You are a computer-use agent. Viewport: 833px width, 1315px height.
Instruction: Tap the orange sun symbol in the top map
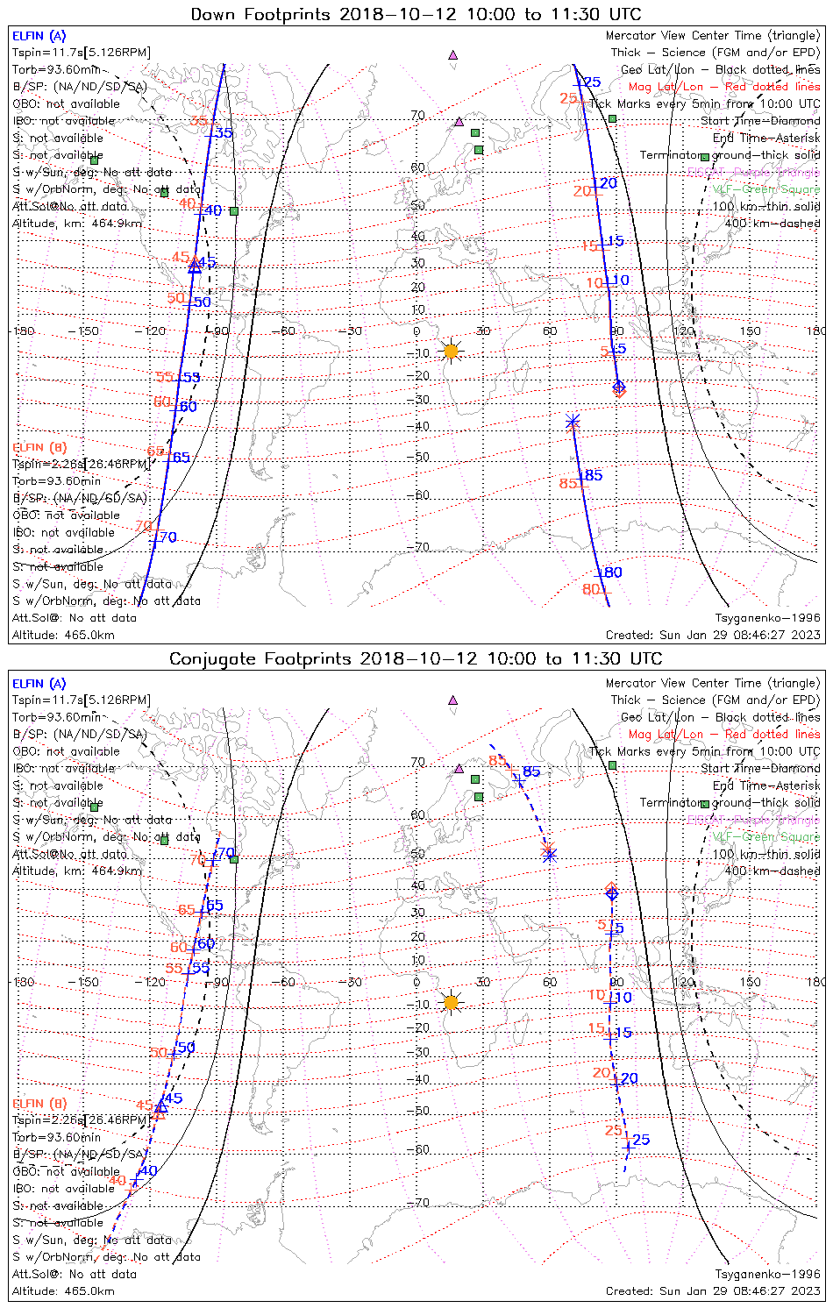coord(451,352)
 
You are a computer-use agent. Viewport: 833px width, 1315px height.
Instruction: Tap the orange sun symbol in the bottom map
coord(451,1002)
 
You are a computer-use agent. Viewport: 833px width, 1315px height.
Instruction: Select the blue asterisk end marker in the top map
coord(573,422)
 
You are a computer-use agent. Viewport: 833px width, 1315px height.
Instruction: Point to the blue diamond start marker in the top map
coord(619,386)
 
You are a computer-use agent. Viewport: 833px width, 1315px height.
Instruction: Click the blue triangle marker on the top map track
coord(195,267)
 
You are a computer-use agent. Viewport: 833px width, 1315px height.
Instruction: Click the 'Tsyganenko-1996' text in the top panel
coord(767,618)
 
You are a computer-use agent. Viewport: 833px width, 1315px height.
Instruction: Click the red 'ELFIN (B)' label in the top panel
coord(39,447)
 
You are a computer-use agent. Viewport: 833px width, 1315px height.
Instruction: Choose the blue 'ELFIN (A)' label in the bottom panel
coord(39,684)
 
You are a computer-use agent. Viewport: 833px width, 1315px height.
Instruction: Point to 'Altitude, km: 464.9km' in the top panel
coord(77,224)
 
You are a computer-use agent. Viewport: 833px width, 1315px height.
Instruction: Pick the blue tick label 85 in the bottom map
coord(531,771)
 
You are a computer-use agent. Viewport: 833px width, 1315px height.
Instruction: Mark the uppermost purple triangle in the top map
coord(452,54)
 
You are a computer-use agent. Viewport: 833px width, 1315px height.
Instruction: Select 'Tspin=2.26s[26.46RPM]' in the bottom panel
coord(81,1120)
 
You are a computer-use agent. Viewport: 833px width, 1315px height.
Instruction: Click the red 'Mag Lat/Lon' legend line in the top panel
coord(723,87)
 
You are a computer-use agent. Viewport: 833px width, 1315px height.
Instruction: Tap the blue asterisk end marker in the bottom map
coord(549,855)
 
